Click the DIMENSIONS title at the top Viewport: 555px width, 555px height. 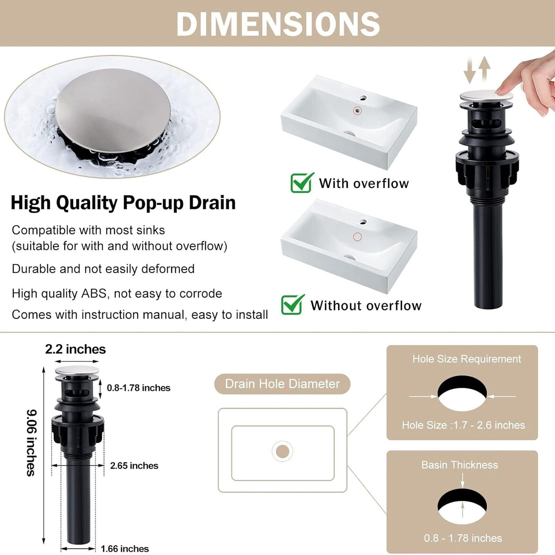(x=278, y=24)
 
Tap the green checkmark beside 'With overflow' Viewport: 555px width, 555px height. (x=302, y=182)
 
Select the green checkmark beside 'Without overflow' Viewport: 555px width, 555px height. (x=293, y=305)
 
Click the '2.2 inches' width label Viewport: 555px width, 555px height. (x=75, y=349)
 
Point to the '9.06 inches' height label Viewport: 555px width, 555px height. (x=32, y=443)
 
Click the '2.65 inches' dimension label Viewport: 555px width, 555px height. (x=134, y=466)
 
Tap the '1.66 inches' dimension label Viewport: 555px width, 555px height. (x=125, y=548)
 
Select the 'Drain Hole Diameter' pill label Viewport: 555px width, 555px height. (x=282, y=384)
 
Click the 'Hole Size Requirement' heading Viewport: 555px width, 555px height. (x=467, y=359)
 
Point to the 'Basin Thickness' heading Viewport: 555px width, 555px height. (x=460, y=464)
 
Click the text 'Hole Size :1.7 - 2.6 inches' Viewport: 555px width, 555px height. (x=463, y=425)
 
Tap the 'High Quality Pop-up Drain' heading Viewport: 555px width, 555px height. (x=123, y=203)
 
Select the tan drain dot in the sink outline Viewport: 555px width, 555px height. (x=283, y=451)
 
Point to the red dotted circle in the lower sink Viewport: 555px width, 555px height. (x=357, y=237)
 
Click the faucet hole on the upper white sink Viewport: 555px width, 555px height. (x=363, y=98)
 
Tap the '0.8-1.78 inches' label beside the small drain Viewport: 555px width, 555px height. (x=138, y=388)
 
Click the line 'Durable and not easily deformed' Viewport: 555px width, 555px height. (x=103, y=269)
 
